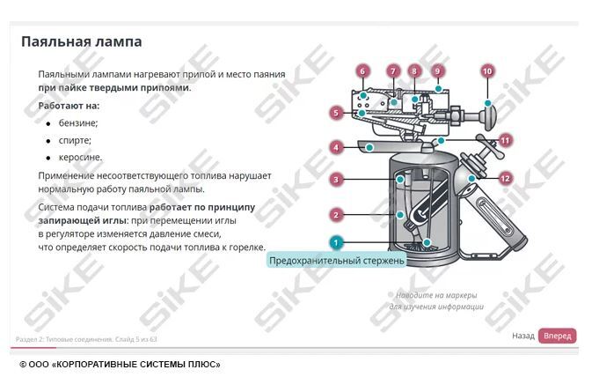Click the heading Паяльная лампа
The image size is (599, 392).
tap(82, 41)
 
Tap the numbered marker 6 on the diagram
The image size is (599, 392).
tap(362, 71)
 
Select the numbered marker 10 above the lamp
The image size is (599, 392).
tap(487, 71)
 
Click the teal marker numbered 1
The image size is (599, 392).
tap(336, 243)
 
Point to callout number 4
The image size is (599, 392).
tap(336, 147)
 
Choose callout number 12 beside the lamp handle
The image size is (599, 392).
tap(505, 179)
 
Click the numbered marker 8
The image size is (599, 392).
tap(414, 71)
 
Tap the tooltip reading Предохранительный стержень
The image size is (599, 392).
tap(336, 261)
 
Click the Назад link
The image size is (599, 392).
tap(523, 336)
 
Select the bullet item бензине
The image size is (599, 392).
tap(78, 123)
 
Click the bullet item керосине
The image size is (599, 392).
tap(81, 157)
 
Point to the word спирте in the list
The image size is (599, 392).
tap(75, 140)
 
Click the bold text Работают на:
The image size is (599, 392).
tap(69, 106)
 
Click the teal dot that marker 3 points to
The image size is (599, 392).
tap(400, 180)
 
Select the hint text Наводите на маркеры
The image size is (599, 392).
tap(436, 295)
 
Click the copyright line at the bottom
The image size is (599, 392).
tap(120, 365)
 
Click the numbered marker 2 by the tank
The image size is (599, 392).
tap(336, 215)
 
